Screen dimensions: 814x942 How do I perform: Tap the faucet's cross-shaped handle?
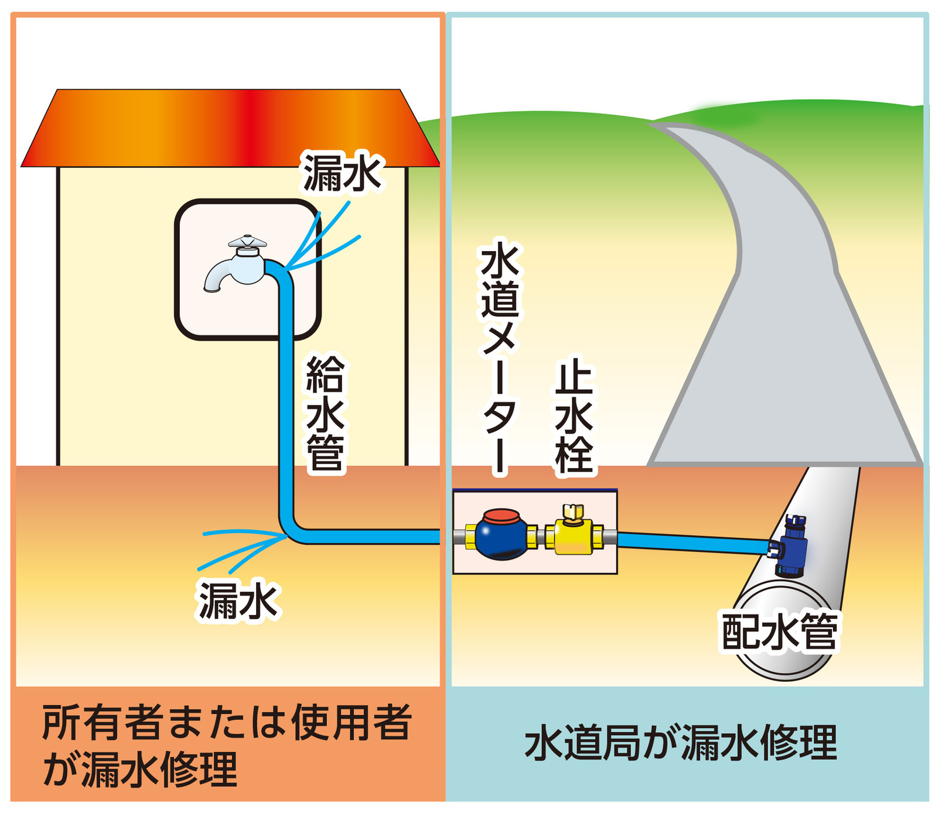(247, 241)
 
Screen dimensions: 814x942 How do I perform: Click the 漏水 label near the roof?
(342, 172)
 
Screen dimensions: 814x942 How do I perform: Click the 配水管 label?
(779, 632)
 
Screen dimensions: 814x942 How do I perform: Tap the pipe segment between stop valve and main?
(691, 542)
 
